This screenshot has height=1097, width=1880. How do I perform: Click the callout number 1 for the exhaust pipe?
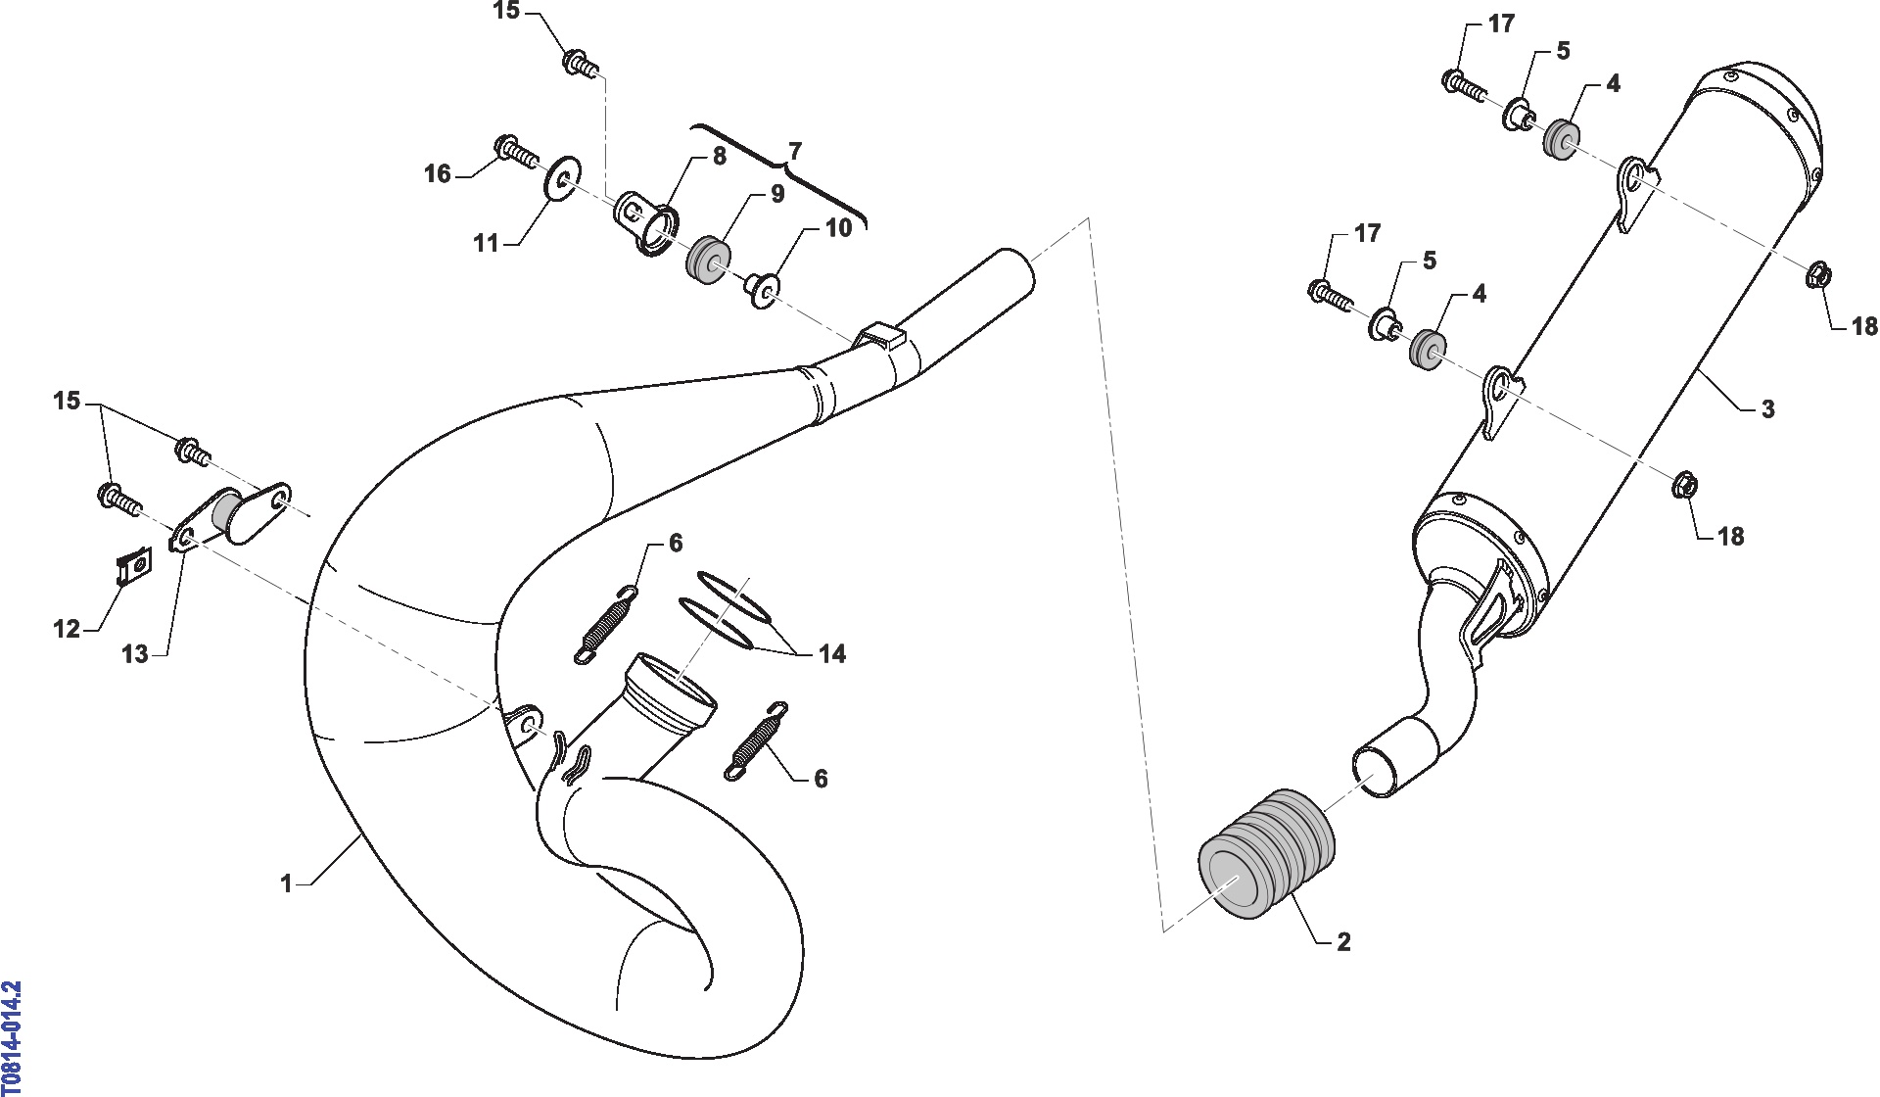(x=286, y=884)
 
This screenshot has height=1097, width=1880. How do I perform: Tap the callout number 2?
(x=1343, y=941)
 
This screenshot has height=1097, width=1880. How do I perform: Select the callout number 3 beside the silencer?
(x=1767, y=408)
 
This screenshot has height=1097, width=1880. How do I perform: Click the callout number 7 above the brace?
(x=795, y=151)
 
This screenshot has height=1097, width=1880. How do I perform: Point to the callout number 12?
(x=67, y=628)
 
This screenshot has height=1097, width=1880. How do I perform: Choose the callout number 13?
(x=135, y=654)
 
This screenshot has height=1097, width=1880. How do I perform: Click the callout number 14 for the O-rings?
(x=832, y=653)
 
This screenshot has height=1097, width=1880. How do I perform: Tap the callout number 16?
(x=437, y=173)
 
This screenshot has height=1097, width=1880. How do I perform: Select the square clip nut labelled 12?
(x=132, y=566)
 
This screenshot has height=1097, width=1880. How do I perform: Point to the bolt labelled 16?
(x=517, y=151)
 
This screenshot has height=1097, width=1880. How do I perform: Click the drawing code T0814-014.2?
(x=11, y=1037)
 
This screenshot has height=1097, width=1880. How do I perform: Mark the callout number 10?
(x=839, y=227)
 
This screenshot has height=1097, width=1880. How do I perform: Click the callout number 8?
(x=720, y=156)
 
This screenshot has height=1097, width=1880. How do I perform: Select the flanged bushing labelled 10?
(x=763, y=289)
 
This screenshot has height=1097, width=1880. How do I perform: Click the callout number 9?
(x=777, y=194)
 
